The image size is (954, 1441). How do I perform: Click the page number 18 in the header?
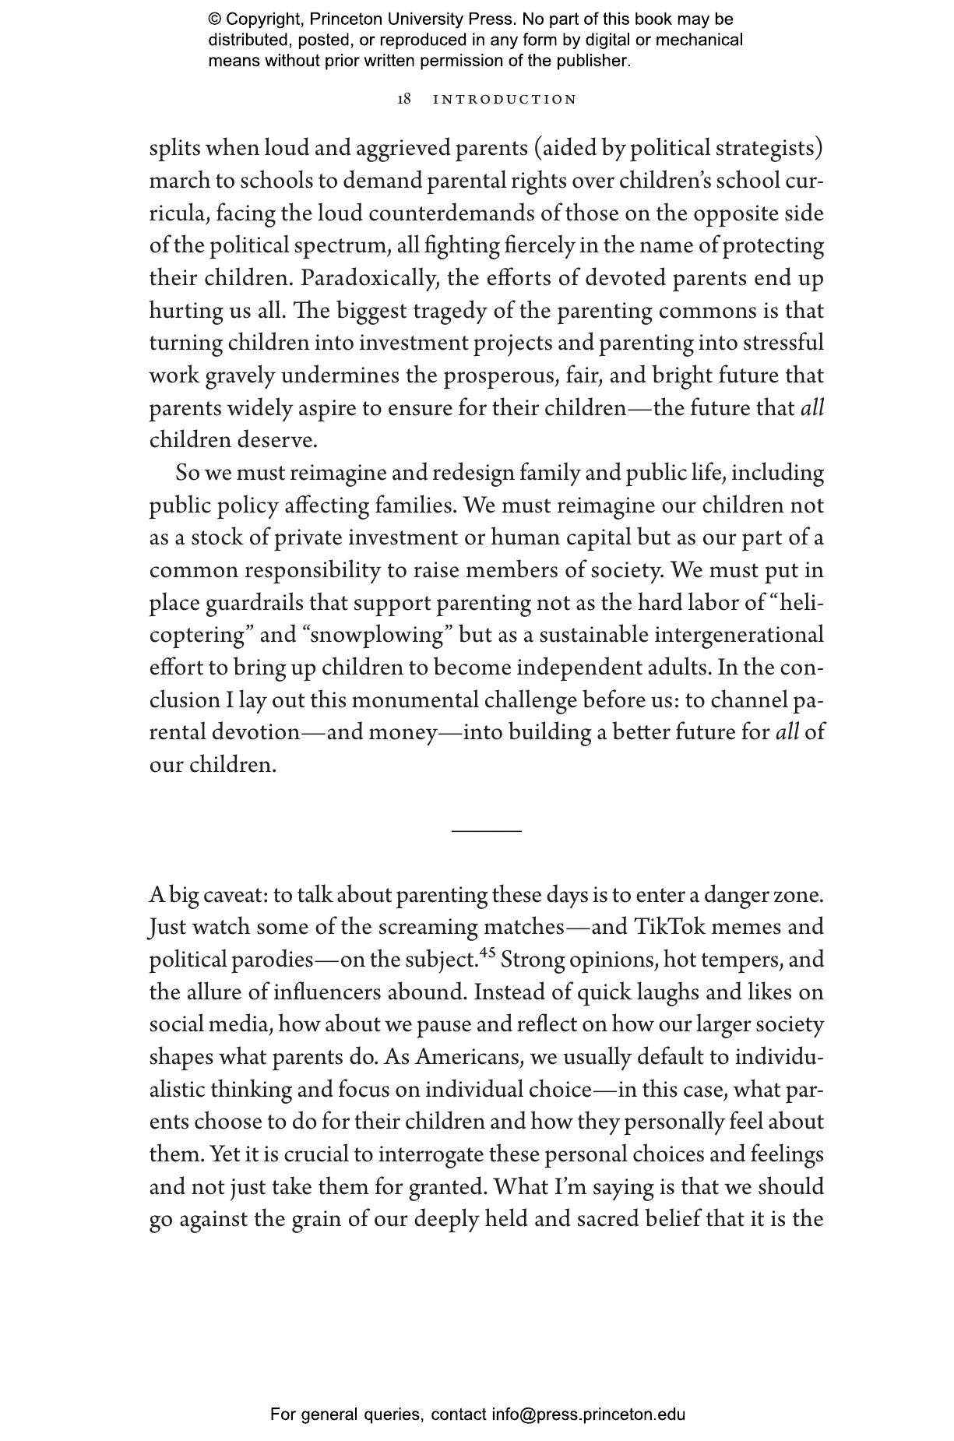[x=404, y=100]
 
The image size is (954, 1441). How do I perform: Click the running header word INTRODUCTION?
[x=505, y=100]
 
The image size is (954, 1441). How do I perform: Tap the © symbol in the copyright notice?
[x=215, y=19]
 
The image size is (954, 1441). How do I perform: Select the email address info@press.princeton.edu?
[x=588, y=1415]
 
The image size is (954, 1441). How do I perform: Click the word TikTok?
[x=669, y=927]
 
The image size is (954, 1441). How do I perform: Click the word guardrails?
[x=255, y=603]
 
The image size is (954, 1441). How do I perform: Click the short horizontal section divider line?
[x=486, y=831]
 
